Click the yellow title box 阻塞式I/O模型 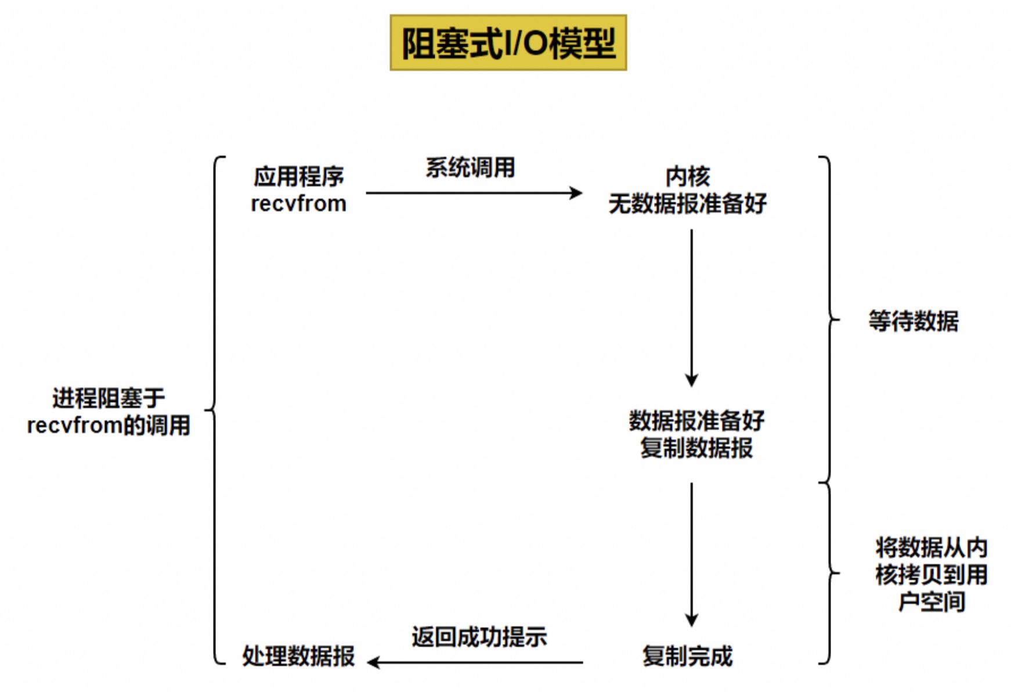point(508,43)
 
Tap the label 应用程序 point(299,176)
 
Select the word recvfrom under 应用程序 point(299,204)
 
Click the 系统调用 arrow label point(470,168)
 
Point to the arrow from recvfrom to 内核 point(474,193)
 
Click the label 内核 point(688,176)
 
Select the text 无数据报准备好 point(688,204)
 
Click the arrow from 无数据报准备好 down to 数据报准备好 point(691,308)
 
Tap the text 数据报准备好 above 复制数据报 point(696,421)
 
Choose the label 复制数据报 point(696,448)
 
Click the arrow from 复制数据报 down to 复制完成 point(691,555)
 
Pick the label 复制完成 point(688,657)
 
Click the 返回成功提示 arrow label point(479,637)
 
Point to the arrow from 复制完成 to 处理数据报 point(475,662)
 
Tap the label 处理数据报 point(298,657)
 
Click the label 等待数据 point(913,321)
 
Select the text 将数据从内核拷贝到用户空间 point(931,575)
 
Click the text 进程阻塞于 point(109,399)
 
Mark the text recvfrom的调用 point(109,426)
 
